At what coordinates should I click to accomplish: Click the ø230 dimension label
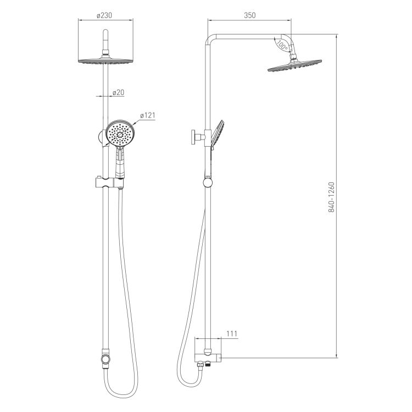pyautogui.click(x=104, y=15)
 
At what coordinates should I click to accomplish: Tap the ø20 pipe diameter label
pyautogui.click(x=118, y=92)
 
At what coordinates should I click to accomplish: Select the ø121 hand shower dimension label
pyautogui.click(x=147, y=115)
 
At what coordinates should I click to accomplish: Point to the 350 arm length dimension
pyautogui.click(x=249, y=15)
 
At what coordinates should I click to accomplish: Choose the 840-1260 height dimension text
pyautogui.click(x=331, y=197)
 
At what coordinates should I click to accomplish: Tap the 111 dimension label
pyautogui.click(x=232, y=333)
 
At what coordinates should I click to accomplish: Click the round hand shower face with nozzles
pyautogui.click(x=121, y=134)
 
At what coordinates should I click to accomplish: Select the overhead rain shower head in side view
pyautogui.click(x=294, y=65)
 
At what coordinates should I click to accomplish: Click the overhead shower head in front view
pyautogui.click(x=105, y=60)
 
